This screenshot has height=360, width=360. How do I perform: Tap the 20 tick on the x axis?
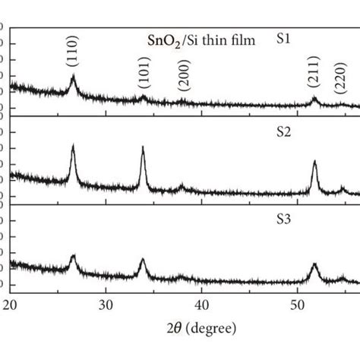point(11,305)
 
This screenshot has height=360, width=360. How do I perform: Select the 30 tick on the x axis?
point(106,305)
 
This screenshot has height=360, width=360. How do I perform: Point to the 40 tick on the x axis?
point(201,305)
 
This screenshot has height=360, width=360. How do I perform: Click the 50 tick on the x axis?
point(295,305)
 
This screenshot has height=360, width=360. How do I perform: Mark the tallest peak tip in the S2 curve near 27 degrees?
point(73,144)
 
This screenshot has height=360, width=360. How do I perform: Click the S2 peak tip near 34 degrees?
point(143,147)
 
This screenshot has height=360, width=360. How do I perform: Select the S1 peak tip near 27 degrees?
point(73,74)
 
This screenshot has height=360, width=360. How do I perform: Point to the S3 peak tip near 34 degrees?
point(143,259)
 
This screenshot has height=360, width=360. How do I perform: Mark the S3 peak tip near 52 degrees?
point(314,264)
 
